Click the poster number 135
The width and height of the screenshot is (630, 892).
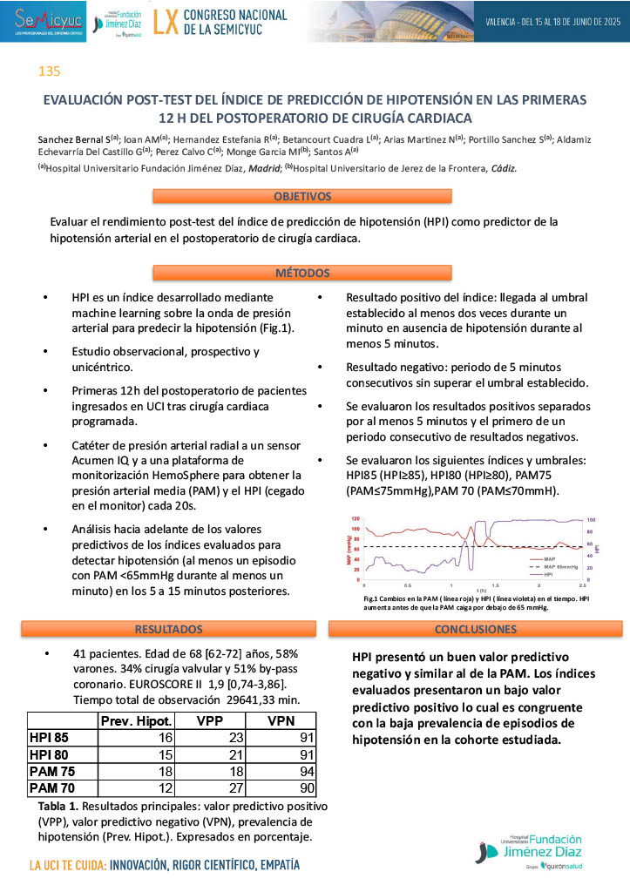[x=49, y=71]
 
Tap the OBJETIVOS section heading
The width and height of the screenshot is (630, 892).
[x=302, y=197]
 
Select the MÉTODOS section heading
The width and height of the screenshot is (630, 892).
[x=302, y=273]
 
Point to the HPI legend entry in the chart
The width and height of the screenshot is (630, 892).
[x=549, y=575]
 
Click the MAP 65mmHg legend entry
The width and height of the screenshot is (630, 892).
[x=557, y=566]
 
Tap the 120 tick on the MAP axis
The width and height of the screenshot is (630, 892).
[x=355, y=520]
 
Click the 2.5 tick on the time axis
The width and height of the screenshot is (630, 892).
[x=581, y=585]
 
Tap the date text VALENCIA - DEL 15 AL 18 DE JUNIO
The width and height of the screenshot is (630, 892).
[x=552, y=20]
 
